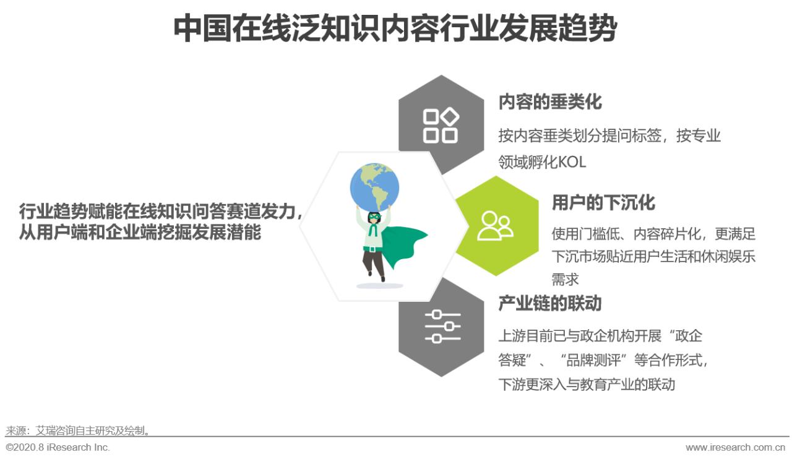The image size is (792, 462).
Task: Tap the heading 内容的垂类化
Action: [549, 102]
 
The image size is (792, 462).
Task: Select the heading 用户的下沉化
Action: [603, 203]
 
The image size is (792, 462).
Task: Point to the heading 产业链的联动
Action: [549, 304]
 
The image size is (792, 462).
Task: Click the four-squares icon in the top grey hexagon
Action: [440, 126]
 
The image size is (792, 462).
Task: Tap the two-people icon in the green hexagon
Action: [495, 226]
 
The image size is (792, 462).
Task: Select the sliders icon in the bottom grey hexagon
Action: [442, 327]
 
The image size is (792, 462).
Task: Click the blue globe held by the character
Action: [374, 185]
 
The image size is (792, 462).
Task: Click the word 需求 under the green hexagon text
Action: [565, 279]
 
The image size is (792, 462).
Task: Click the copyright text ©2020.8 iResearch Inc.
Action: [58, 447]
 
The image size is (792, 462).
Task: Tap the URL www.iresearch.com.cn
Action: [735, 447]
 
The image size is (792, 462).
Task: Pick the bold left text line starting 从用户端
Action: [140, 233]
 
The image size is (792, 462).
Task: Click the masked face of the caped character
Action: [374, 218]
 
